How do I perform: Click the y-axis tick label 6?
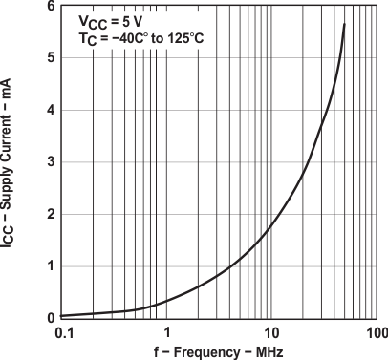50,8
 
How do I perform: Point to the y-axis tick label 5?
50,58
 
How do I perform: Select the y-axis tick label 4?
50,110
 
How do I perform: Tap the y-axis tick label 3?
50,161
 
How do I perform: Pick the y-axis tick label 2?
50,214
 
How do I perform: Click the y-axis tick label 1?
50,265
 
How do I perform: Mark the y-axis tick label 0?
50,317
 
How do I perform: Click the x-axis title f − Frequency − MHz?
219,351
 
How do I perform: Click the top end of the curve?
344,24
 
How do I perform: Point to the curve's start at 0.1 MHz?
63,315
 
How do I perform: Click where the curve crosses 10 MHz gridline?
271,227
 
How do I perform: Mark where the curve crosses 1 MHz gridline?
167,302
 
